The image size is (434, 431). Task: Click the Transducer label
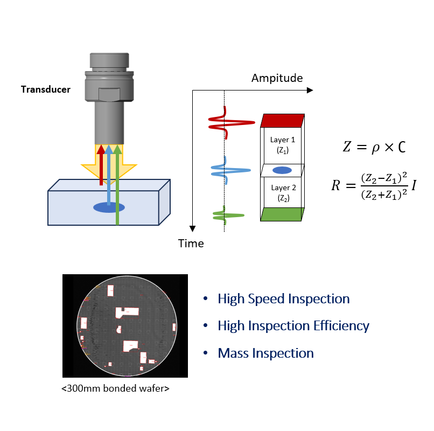46,89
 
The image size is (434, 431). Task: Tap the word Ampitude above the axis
277,78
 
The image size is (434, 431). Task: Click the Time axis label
191,244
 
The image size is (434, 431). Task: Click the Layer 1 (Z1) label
283,145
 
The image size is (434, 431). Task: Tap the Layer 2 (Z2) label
283,193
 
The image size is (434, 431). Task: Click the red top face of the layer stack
283,120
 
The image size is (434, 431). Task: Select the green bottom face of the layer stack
282,214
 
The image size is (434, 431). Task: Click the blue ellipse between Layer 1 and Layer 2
283,170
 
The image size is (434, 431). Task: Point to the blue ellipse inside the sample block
109,207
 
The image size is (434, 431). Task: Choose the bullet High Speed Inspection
283,299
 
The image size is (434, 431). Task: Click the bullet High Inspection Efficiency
293,326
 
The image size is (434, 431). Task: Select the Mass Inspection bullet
265,353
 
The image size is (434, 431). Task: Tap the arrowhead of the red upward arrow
101,149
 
